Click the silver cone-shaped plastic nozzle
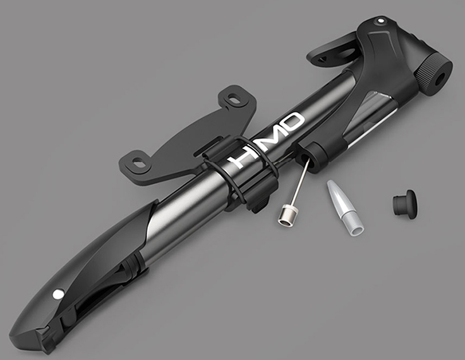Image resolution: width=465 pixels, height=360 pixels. pos(344,209)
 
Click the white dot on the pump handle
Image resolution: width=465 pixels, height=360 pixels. pos(57,294)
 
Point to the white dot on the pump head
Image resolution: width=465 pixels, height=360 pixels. pos(379,21)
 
